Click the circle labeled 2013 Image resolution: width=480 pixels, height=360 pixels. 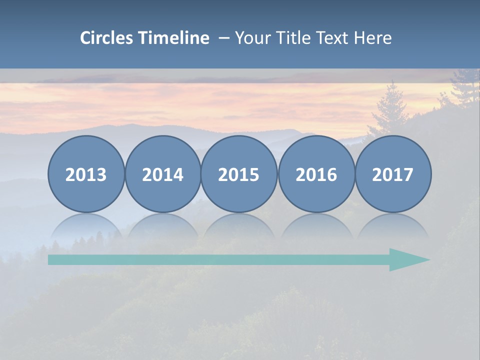click(x=86, y=174)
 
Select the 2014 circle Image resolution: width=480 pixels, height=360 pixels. click(x=162, y=174)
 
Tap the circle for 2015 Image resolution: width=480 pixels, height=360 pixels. click(x=239, y=174)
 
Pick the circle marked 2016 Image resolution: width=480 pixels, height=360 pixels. click(x=316, y=174)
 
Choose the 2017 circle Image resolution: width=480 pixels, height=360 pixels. click(x=392, y=174)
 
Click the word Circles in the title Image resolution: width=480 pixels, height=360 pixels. click(x=107, y=38)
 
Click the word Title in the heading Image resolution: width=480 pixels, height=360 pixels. click(x=288, y=38)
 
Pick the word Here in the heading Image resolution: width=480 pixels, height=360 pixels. click(x=372, y=38)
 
